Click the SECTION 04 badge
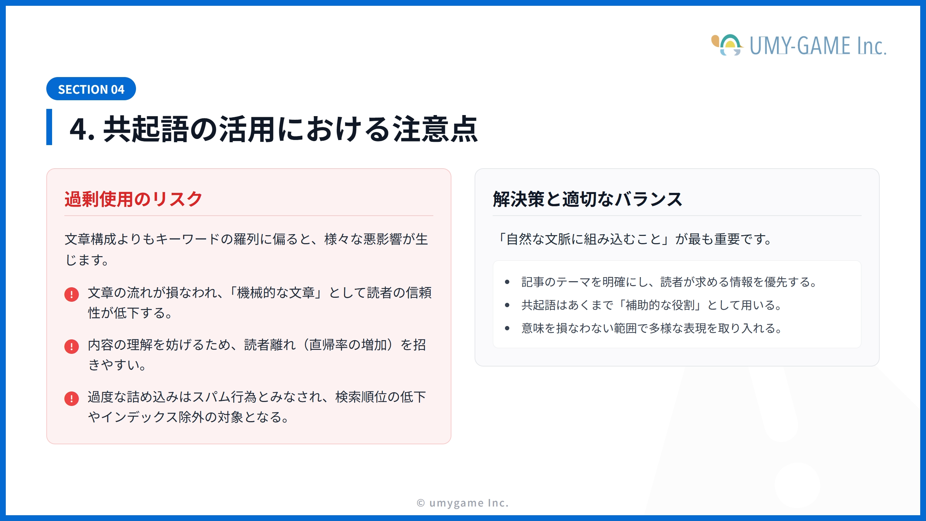91,89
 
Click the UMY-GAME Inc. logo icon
727,45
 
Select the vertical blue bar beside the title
49,127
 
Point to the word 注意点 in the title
436,129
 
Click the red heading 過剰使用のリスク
133,199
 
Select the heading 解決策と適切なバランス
587,199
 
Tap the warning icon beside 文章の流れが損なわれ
72,294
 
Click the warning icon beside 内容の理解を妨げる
72,346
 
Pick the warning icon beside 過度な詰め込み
72,398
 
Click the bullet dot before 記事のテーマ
507,282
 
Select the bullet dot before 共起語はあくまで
507,305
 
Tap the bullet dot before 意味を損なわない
507,328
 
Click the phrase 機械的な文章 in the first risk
276,293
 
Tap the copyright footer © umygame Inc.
463,503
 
